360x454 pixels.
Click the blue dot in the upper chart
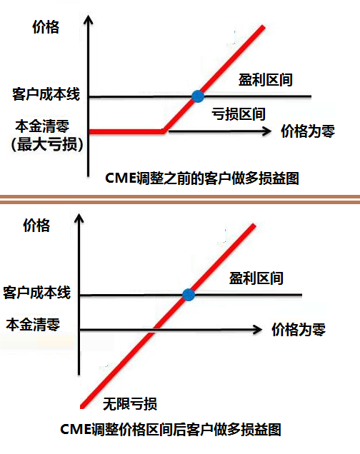(x=198, y=96)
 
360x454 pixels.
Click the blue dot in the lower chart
(x=189, y=295)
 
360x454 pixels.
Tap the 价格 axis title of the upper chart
(x=46, y=27)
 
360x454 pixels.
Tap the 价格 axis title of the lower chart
(x=36, y=226)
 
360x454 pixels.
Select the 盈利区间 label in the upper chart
(x=265, y=80)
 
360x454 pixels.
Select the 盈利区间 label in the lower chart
(x=256, y=278)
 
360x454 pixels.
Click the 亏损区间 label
(x=239, y=113)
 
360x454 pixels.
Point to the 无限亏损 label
(x=130, y=403)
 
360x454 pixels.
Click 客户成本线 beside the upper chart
(x=46, y=94)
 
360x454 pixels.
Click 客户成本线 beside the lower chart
(x=36, y=293)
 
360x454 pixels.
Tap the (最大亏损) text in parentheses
(x=47, y=144)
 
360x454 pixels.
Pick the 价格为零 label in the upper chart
(x=308, y=131)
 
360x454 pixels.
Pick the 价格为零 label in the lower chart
(x=299, y=330)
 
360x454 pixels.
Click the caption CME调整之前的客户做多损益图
(x=202, y=178)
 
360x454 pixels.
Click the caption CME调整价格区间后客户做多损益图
(x=171, y=429)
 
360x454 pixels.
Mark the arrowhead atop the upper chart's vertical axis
(x=88, y=20)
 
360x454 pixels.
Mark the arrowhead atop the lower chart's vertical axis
(x=79, y=219)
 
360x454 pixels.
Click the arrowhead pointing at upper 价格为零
(x=266, y=131)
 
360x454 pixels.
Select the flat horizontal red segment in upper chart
(x=126, y=132)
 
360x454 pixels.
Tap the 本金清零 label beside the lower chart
(x=33, y=324)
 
